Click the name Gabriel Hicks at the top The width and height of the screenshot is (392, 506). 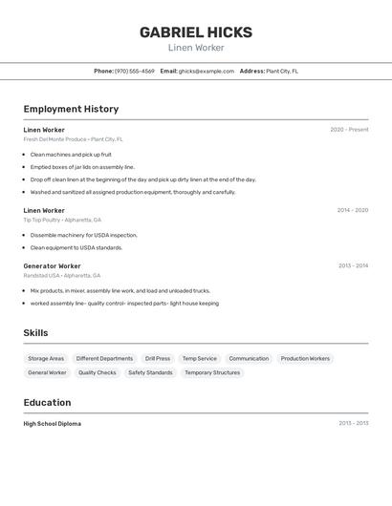tap(196, 32)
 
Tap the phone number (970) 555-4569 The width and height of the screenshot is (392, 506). tap(135, 71)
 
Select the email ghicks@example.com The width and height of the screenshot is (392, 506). tap(206, 71)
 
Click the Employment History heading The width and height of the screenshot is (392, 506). tap(71, 109)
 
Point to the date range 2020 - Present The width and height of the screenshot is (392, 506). tap(349, 130)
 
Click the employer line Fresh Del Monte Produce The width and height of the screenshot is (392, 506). tap(74, 139)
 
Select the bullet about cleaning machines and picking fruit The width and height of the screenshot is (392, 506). tap(71, 154)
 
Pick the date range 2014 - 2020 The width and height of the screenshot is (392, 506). tap(352, 210)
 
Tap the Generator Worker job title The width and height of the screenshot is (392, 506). tap(52, 265)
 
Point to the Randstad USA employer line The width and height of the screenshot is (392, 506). tap(62, 275)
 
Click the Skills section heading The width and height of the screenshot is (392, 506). tap(35, 332)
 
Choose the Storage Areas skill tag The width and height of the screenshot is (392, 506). tap(46, 359)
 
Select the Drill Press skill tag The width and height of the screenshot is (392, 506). tap(158, 359)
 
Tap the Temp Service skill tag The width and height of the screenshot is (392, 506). tap(200, 359)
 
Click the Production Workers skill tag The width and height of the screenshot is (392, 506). tap(305, 359)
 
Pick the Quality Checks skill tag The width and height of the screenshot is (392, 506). tap(98, 372)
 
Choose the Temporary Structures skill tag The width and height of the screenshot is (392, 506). tap(212, 372)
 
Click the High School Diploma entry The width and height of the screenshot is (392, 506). tap(53, 423)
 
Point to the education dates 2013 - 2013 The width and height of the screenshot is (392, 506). tap(353, 423)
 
